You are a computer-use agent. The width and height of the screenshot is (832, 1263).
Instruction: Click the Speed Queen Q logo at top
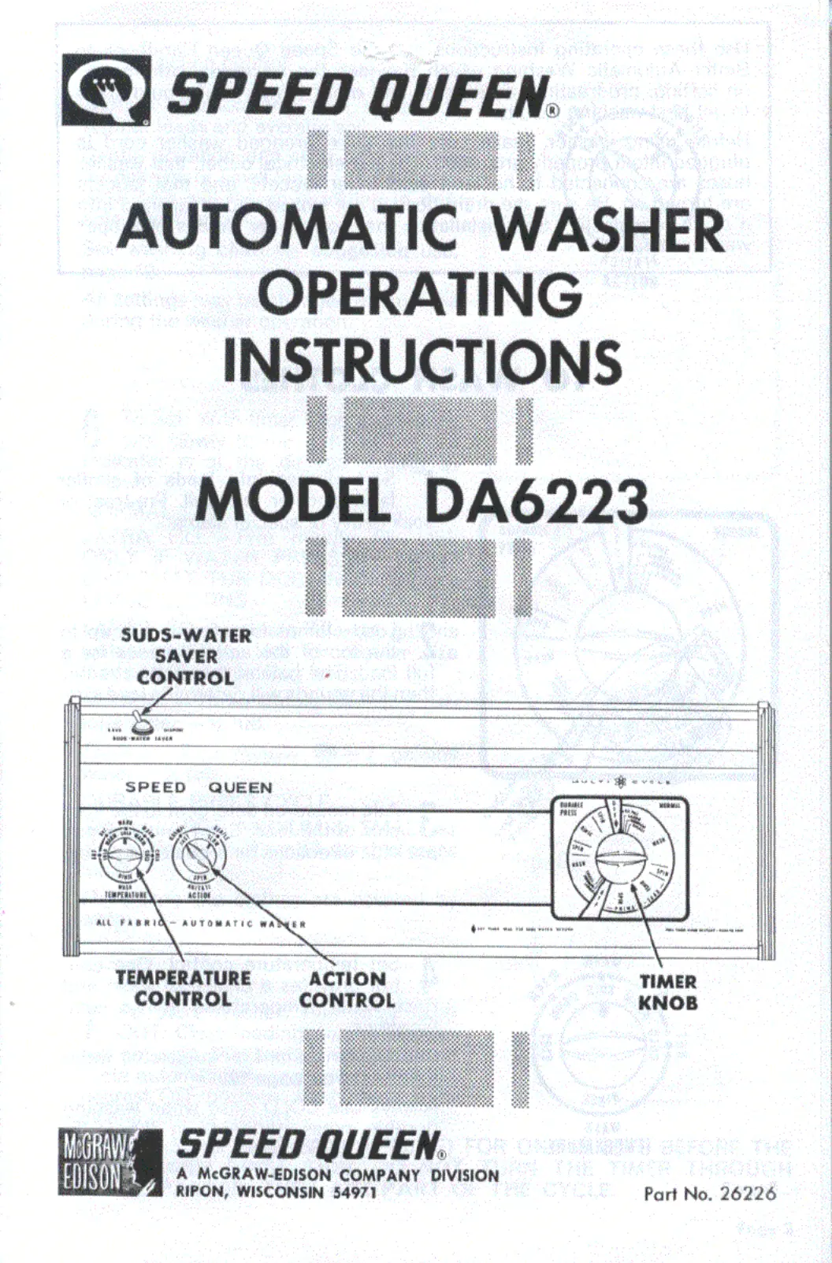(x=106, y=91)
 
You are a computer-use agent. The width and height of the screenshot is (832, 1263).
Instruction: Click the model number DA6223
(x=536, y=501)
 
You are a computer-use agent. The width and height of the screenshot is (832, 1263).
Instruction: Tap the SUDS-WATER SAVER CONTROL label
(x=186, y=656)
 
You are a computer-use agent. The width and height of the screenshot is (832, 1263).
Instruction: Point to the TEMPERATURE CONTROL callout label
(x=183, y=988)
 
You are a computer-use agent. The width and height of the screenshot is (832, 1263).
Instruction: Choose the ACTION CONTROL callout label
(x=347, y=990)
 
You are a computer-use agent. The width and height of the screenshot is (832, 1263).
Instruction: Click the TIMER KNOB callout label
(x=667, y=992)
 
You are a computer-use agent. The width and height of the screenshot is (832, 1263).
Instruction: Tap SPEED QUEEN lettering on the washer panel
(x=199, y=787)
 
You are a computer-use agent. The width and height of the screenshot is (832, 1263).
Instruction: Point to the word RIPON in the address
(x=200, y=1191)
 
